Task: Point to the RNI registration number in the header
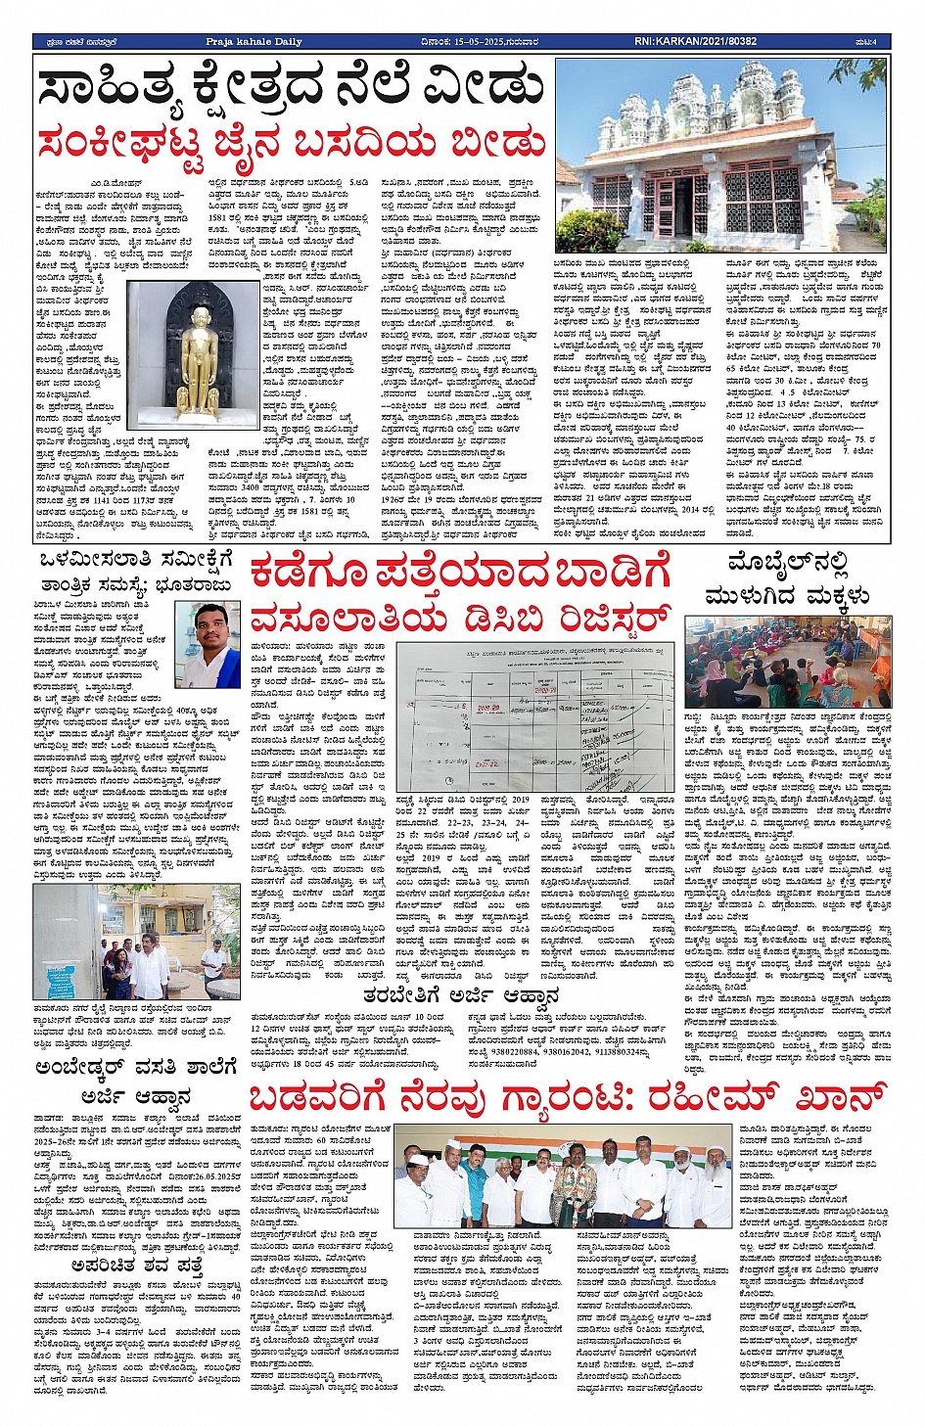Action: coord(695,42)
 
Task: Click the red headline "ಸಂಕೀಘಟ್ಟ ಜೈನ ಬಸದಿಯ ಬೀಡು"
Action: coord(292,144)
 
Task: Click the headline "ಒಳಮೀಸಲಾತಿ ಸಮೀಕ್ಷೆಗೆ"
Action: coord(137,560)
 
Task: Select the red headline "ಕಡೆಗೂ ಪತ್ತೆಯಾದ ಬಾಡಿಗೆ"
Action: coord(460,574)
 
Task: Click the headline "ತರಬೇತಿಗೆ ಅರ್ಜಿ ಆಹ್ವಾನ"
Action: coord(461,997)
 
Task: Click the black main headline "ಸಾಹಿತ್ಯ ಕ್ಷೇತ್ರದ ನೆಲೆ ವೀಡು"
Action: coord(292,88)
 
